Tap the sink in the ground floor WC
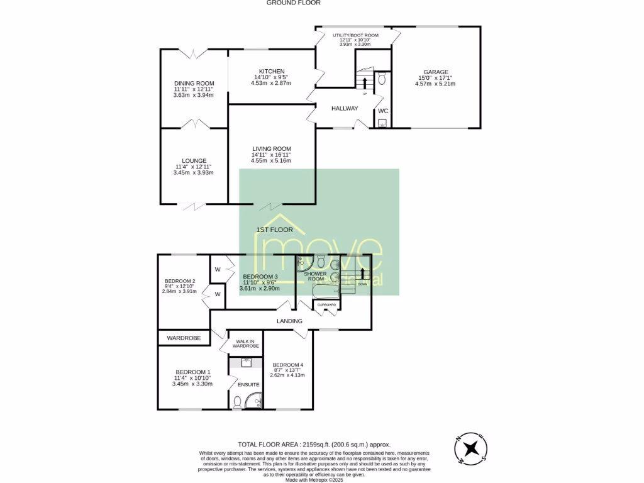pyautogui.click(x=382, y=123)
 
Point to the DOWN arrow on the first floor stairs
pyautogui.click(x=362, y=274)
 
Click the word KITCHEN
pyautogui.click(x=272, y=71)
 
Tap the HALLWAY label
pyautogui.click(x=345, y=108)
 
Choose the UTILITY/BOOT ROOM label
pyautogui.click(x=355, y=35)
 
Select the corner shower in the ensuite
pyautogui.click(x=255, y=401)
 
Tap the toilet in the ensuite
pyautogui.click(x=237, y=401)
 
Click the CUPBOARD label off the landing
pyautogui.click(x=326, y=305)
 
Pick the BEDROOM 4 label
pyautogui.click(x=288, y=365)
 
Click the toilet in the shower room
pyautogui.click(x=321, y=261)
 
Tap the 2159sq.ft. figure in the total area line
pyautogui.click(x=319, y=443)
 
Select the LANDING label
pyautogui.click(x=290, y=321)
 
